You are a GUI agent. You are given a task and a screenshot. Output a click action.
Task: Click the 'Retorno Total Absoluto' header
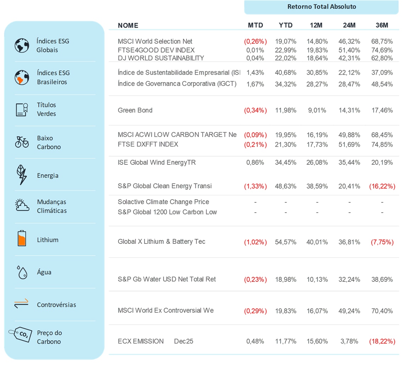(x=322, y=7)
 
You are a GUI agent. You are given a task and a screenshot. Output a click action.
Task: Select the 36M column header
(x=382, y=25)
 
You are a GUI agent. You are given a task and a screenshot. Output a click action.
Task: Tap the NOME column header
(x=128, y=25)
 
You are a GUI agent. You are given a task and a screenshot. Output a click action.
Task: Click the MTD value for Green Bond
(x=255, y=110)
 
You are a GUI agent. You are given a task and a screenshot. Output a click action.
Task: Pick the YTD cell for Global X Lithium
(x=286, y=242)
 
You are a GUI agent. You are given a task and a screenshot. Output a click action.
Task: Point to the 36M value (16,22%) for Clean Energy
(x=382, y=186)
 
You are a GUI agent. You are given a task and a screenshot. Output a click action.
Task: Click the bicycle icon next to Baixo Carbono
(x=22, y=142)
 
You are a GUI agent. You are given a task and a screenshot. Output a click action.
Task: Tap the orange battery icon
(x=22, y=239)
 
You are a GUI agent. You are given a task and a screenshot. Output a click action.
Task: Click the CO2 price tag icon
(x=21, y=334)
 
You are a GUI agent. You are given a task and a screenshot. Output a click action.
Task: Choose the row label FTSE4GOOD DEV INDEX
(x=156, y=50)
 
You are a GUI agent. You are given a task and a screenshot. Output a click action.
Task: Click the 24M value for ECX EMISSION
(x=350, y=341)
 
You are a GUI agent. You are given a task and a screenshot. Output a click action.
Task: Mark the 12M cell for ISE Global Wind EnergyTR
(x=317, y=163)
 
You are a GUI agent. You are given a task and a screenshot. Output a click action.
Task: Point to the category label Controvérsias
(x=56, y=305)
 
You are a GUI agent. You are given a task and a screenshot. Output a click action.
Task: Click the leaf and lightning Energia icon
(x=22, y=175)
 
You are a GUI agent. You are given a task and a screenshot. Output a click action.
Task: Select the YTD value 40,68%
(x=286, y=73)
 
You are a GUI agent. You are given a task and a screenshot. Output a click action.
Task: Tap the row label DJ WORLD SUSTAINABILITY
(x=161, y=58)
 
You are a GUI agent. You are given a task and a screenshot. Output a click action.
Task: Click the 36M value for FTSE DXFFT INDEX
(x=382, y=144)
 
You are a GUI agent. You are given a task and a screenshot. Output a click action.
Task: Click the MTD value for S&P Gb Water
(x=255, y=279)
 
